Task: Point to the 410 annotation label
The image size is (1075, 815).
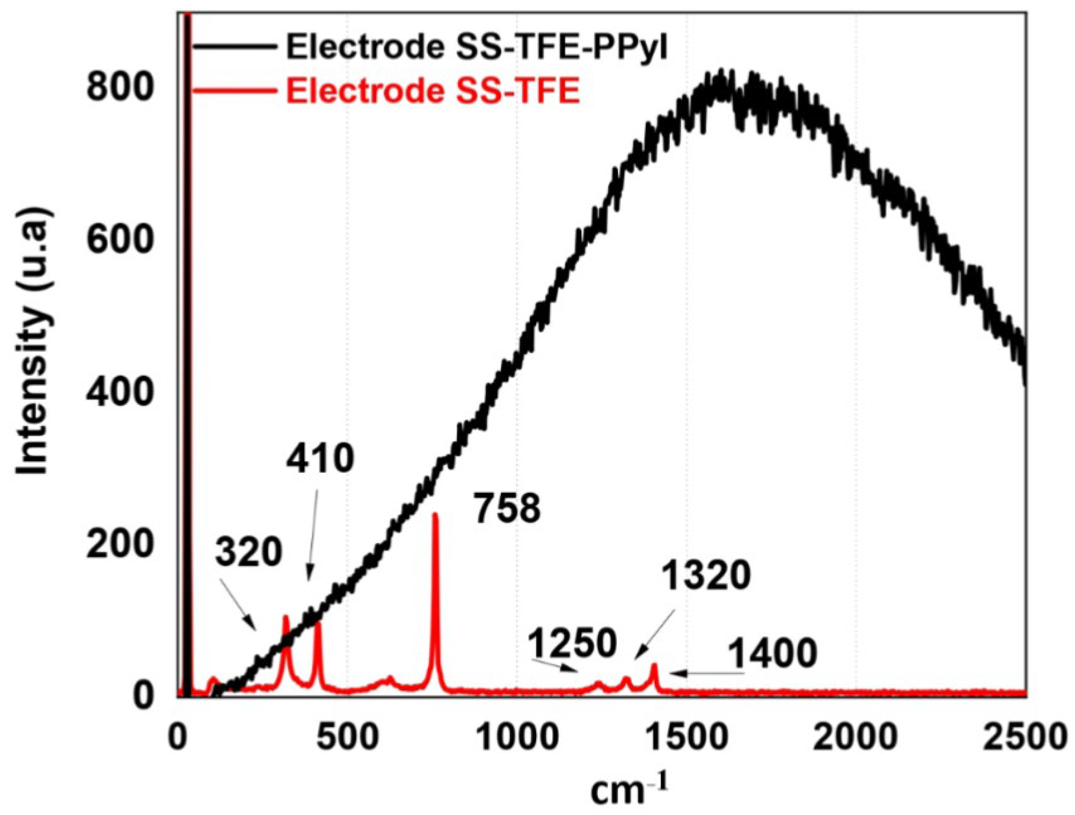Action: [x=320, y=459]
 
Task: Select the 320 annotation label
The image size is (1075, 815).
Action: [x=248, y=553]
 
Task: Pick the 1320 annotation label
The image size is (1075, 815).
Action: [x=706, y=575]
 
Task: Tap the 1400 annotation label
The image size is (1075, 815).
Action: [x=772, y=653]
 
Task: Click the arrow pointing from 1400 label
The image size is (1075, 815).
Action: [x=706, y=673]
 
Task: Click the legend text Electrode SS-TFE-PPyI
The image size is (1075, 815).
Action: [x=477, y=47]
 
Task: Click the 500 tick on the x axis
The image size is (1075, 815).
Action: [x=347, y=737]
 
